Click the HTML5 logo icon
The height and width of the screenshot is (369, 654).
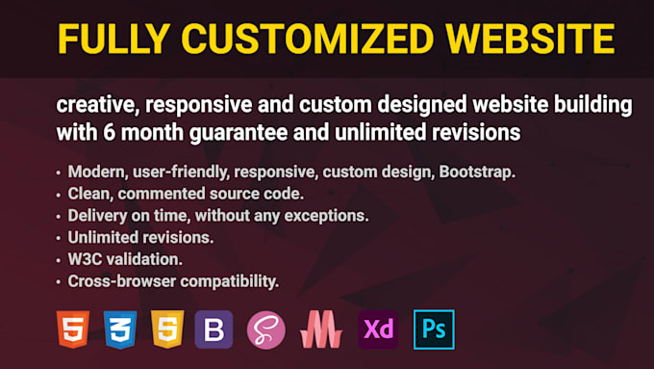[x=73, y=329]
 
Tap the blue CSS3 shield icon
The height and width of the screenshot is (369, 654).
[x=120, y=329]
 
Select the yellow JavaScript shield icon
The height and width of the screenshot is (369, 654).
[x=167, y=329]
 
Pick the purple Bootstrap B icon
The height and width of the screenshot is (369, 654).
[x=214, y=329]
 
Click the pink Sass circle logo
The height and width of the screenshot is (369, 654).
[x=266, y=329]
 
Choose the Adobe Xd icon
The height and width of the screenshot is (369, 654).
[x=378, y=329]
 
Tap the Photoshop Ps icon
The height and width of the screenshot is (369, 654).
[x=433, y=329]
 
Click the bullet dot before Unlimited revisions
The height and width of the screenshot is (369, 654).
[x=59, y=238]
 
